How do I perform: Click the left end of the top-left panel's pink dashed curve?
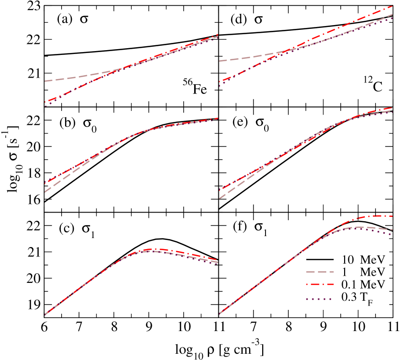[x=45, y=81]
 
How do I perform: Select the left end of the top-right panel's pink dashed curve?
[x=220, y=61]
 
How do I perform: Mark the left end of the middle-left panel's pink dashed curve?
[x=45, y=192]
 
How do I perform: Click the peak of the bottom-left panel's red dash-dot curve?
[x=153, y=249]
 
